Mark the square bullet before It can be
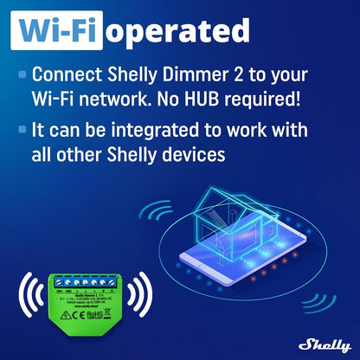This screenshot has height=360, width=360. pos(22,131)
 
